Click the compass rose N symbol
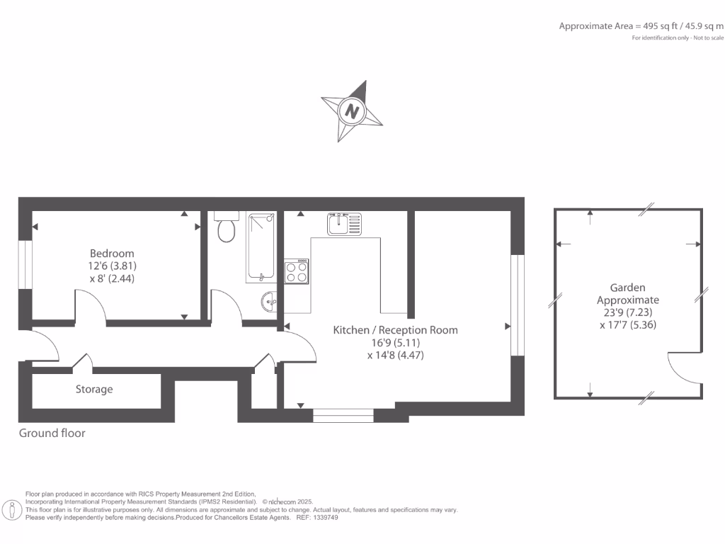pyautogui.click(x=352, y=111)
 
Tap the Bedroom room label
pyautogui.click(x=112, y=254)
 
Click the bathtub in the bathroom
pyautogui.click(x=261, y=247)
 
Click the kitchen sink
pyautogui.click(x=344, y=224)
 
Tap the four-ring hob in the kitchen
pyautogui.click(x=297, y=272)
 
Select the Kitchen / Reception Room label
pyautogui.click(x=395, y=330)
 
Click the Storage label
pyautogui.click(x=94, y=389)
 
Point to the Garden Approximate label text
pyautogui.click(x=628, y=294)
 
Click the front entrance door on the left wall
pyautogui.click(x=41, y=347)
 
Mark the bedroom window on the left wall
pyautogui.click(x=25, y=265)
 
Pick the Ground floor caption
pyautogui.click(x=52, y=433)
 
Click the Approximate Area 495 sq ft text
pyautogui.click(x=641, y=26)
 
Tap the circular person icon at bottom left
pyautogui.click(x=12, y=509)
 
